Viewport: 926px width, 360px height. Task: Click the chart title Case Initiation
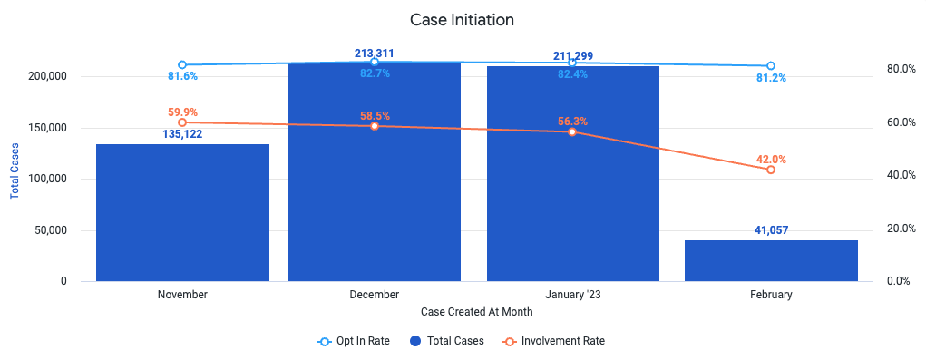463,19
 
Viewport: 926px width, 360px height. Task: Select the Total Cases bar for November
182,212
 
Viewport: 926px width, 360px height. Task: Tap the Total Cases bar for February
771,261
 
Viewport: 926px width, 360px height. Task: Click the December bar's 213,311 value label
375,54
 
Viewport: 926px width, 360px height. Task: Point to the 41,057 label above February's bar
771,230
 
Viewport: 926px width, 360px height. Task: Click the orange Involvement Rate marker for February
771,170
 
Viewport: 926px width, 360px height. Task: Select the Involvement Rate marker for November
182,122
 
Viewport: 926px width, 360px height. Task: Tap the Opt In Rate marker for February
771,66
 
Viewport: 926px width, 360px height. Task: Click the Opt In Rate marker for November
182,65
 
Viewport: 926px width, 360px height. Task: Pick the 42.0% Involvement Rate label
771,159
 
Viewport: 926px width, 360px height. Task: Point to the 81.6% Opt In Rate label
182,76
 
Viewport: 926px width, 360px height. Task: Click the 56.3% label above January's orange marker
573,121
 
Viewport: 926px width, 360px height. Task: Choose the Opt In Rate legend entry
354,341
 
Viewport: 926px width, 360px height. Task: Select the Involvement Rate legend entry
554,341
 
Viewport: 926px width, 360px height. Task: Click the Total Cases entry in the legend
447,341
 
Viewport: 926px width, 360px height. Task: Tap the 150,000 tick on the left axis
47,128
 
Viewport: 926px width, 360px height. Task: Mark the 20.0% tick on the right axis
901,229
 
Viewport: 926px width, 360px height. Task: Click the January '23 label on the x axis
573,295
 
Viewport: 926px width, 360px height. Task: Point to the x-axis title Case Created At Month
478,310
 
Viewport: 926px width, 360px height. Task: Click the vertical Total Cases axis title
15,170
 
